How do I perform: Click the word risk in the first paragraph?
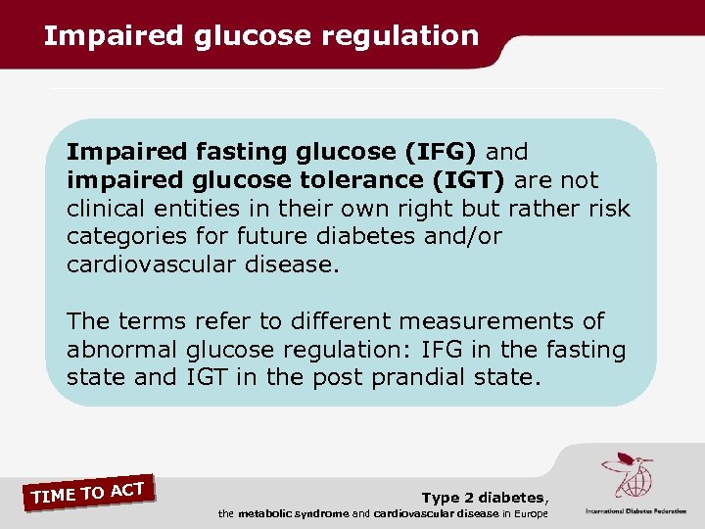click(x=609, y=210)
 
